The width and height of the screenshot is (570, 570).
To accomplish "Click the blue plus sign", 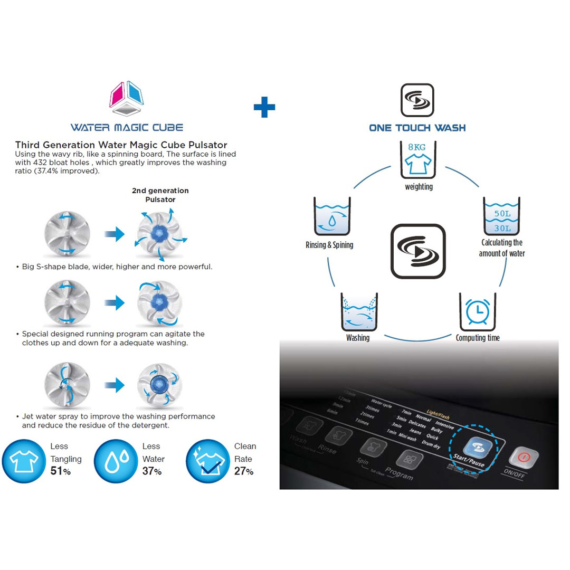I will pos(264,107).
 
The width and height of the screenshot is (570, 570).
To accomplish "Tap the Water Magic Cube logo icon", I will pos(127,99).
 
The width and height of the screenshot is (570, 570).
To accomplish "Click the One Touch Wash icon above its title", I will pos(417,100).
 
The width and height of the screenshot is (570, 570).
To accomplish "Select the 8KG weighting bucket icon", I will pos(419,159).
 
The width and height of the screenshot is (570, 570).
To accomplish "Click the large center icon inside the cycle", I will pos(418,251).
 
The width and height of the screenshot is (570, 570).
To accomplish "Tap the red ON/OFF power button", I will pos(522,457).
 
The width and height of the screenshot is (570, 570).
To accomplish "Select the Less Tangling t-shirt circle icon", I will pos(24,461).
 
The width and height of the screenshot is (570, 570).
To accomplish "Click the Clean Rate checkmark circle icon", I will pos(209,461).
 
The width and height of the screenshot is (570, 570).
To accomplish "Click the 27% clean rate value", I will pos(244,471).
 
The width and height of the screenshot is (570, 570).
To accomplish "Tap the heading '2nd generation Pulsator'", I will pos(160,195).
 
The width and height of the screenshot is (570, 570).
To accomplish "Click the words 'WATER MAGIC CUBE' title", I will pos(127,127).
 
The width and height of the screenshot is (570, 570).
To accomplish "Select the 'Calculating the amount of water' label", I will pos(502,248).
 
